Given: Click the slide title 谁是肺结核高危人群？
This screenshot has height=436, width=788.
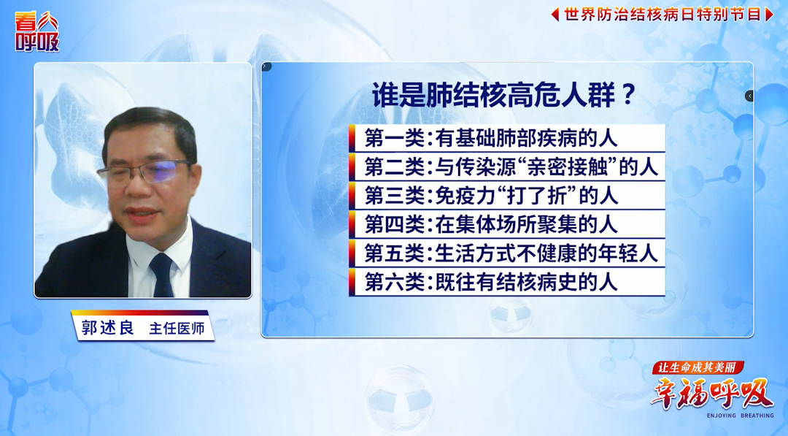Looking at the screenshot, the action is [505, 95].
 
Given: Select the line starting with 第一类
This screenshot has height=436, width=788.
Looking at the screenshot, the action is [490, 138].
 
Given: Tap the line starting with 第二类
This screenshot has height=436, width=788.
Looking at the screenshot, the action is [511, 167].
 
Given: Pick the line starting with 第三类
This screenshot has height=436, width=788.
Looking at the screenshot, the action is [490, 196].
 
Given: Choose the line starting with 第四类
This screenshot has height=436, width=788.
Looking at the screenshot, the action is [490, 225].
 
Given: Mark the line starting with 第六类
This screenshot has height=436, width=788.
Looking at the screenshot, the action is [490, 283].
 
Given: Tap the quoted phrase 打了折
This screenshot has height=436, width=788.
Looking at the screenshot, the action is [526, 196].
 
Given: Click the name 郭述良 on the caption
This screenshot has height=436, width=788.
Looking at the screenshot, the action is [107, 328].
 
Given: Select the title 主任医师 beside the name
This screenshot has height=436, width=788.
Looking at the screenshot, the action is [177, 329].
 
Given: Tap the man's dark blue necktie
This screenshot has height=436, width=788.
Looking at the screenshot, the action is [162, 275].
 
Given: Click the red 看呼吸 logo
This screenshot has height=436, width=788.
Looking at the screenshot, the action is [36, 31].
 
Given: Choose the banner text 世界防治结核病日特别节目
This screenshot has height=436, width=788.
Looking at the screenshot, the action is [663, 14].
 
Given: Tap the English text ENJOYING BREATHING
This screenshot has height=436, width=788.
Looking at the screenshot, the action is [741, 416].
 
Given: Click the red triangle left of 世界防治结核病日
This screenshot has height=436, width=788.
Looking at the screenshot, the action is [555, 14].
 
